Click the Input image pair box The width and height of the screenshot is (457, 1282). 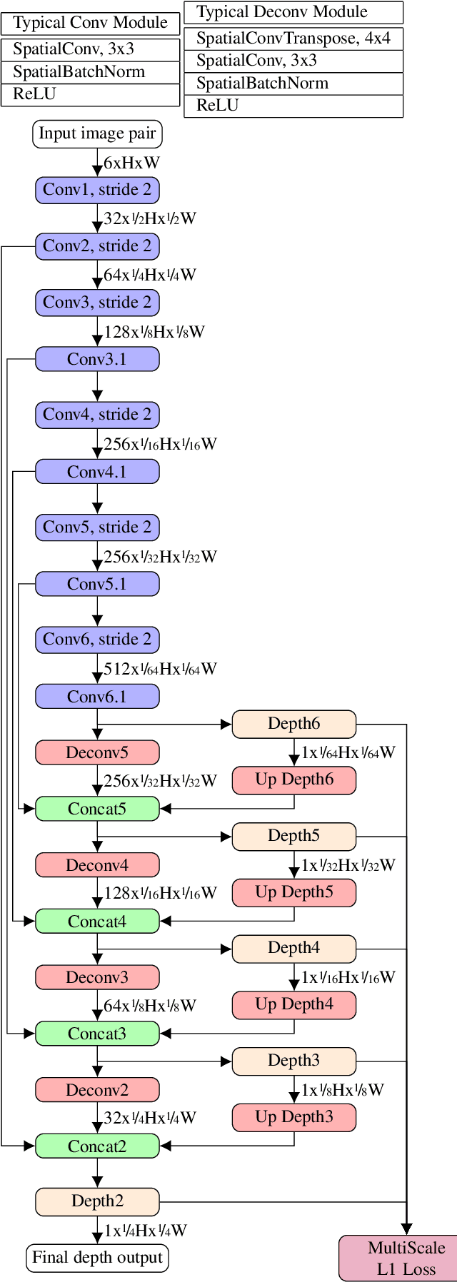[x=97, y=134]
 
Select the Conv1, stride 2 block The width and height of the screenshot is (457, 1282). [x=97, y=190]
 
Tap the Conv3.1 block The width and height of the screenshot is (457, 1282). [x=97, y=359]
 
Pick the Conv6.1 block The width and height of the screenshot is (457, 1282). [x=97, y=697]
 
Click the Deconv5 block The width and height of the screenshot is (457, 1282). [x=97, y=752]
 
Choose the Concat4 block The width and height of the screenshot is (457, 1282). [x=97, y=922]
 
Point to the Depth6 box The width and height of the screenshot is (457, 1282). [x=293, y=724]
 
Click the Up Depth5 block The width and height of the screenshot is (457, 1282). [x=293, y=892]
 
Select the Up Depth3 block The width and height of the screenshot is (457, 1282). [x=293, y=1117]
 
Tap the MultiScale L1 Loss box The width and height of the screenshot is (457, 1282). [x=406, y=1258]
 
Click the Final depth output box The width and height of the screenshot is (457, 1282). [x=97, y=1257]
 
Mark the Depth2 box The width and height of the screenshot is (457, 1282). [x=97, y=1201]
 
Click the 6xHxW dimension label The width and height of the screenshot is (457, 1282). [x=131, y=163]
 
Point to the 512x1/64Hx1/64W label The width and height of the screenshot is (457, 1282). [x=160, y=669]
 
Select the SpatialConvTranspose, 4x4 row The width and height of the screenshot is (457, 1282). [x=293, y=39]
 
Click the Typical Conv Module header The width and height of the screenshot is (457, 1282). [x=90, y=23]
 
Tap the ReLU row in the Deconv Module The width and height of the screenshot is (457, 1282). [x=293, y=106]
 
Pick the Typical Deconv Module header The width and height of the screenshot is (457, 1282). [x=293, y=12]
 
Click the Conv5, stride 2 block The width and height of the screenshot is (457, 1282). [x=97, y=528]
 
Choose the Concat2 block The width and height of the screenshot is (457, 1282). [x=97, y=1146]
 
